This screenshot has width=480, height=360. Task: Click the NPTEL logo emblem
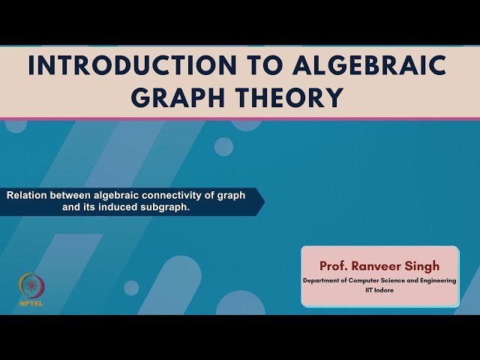[x=31, y=285]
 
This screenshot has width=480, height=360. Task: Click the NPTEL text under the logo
[x=31, y=304]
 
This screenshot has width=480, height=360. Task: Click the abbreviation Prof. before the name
[x=334, y=265]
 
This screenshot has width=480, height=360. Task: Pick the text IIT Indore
[x=379, y=290]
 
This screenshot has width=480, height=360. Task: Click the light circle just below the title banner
[x=223, y=146]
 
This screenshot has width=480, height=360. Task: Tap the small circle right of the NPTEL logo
[x=131, y=287]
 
